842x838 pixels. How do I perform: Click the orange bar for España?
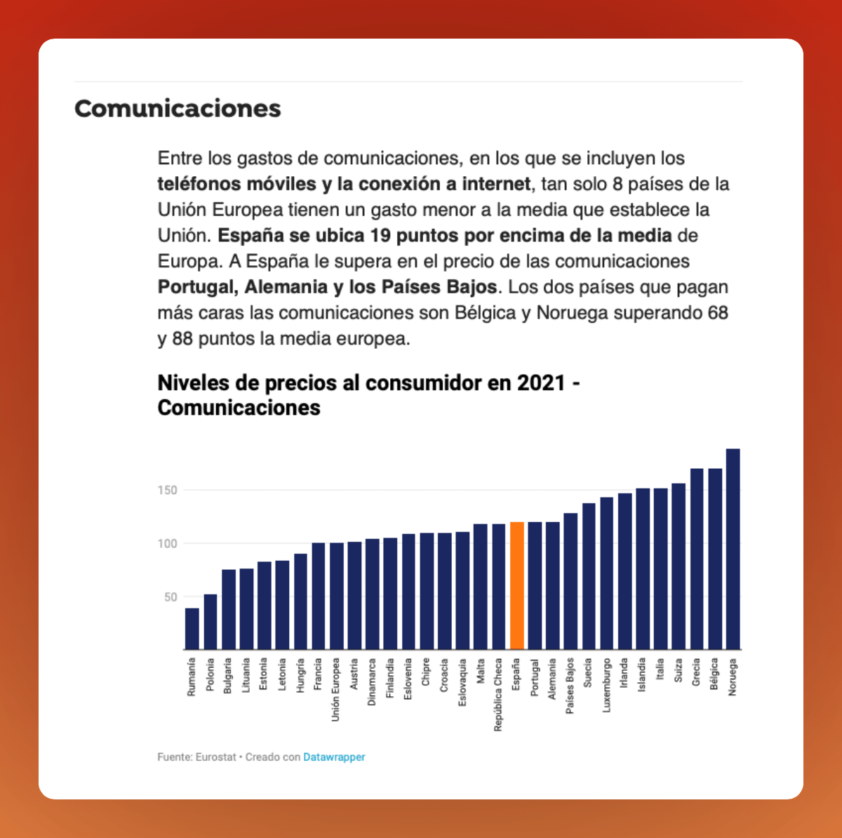[x=516, y=586]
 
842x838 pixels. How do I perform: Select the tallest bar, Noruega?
[x=733, y=549]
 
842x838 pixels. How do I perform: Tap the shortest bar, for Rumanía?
[x=192, y=629]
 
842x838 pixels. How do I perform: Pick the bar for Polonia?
[x=210, y=622]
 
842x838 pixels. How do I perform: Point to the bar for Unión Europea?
[x=336, y=596]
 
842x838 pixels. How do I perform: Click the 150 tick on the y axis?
[x=167, y=490]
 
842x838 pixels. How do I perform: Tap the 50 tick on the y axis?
[x=171, y=597]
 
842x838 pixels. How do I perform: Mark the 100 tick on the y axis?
[x=167, y=543]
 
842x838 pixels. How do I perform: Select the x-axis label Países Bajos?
[x=570, y=686]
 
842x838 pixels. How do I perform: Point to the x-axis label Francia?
[x=318, y=674]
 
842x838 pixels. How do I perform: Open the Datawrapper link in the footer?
[x=334, y=757]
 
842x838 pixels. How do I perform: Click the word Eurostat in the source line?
[x=215, y=757]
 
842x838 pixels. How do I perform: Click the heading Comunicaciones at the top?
[x=178, y=109]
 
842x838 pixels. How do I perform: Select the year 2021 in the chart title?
[x=541, y=383]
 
